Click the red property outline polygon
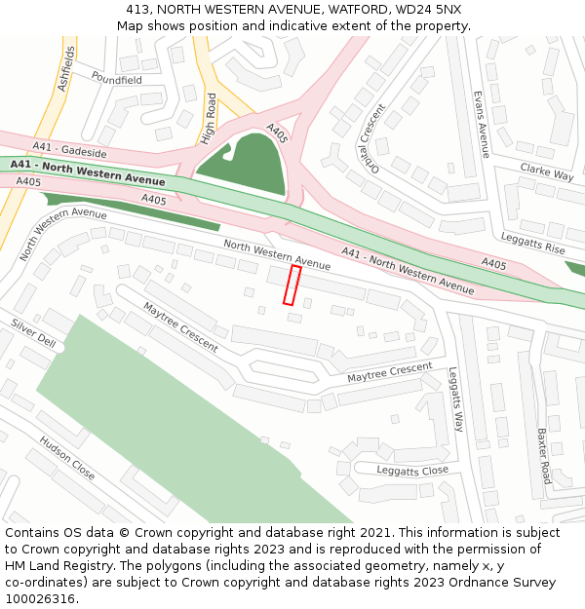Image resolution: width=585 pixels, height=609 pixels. [x=291, y=285]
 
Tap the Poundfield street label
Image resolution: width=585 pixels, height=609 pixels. [x=116, y=78]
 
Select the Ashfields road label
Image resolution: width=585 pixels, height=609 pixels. [x=65, y=68]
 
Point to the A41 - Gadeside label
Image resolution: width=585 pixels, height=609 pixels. [x=69, y=150]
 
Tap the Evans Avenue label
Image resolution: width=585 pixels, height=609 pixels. [x=480, y=125]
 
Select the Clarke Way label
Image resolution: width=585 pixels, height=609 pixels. [x=547, y=172]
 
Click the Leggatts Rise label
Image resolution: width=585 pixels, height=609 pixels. [x=532, y=244]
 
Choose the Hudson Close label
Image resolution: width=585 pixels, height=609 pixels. [x=67, y=457]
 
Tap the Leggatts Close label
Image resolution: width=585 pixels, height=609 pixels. [x=413, y=471]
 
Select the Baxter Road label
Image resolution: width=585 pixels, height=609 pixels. [x=543, y=455]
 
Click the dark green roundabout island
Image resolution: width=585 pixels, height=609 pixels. [x=245, y=164]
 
